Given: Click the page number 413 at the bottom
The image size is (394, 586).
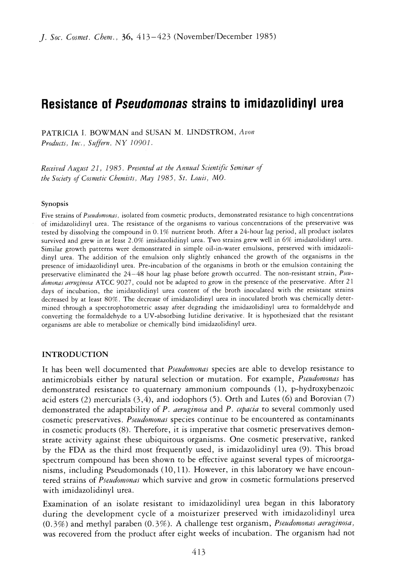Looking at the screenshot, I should pos(198,552).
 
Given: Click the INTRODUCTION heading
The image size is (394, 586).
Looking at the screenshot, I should pos(75,355).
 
